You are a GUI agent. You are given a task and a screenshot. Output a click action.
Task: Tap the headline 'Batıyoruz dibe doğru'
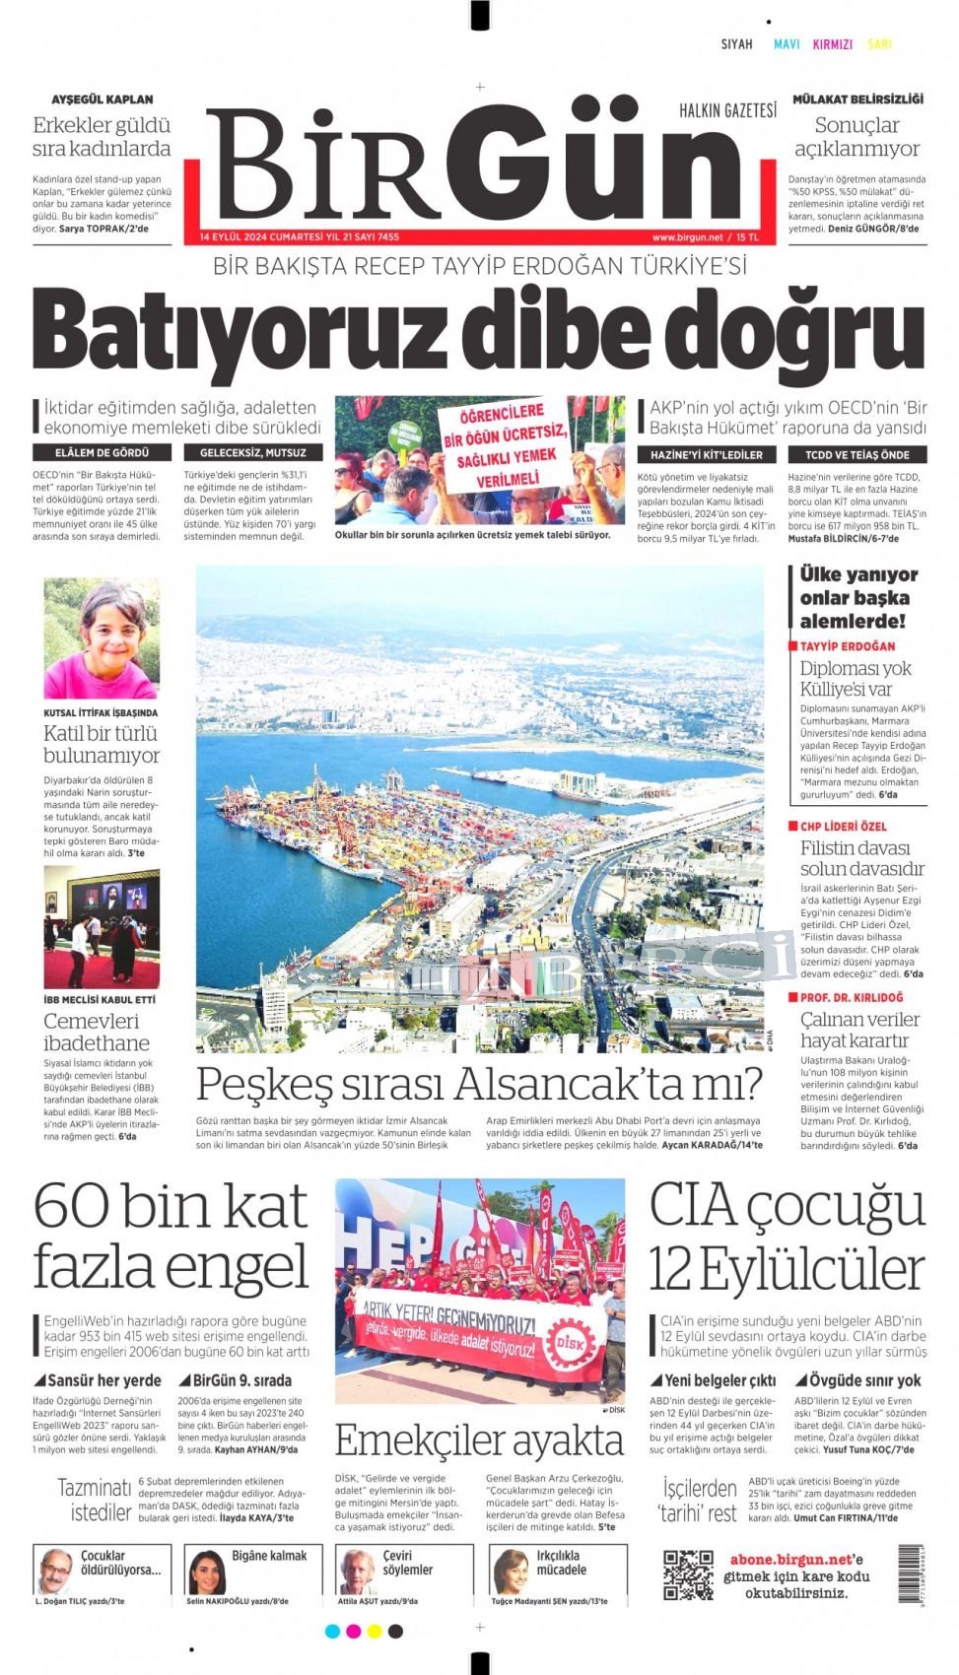point(480,328)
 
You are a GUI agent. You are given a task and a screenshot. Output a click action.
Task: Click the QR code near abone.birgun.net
point(687,1574)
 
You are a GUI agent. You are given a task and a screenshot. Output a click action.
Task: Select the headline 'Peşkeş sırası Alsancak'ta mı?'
point(479,1084)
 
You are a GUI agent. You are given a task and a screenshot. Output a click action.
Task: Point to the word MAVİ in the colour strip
point(787,44)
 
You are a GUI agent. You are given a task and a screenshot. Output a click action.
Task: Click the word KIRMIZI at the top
point(832,44)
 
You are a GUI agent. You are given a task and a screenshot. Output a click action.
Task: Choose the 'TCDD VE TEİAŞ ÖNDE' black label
point(856,454)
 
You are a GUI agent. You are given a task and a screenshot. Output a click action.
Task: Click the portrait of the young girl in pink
point(102,638)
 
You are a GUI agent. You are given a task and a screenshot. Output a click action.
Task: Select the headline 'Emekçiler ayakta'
point(479,1440)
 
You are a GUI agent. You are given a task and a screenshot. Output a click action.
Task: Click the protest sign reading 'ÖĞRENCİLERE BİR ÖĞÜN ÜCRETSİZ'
point(505,445)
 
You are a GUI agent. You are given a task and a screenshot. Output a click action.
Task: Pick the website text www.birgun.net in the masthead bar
point(686,237)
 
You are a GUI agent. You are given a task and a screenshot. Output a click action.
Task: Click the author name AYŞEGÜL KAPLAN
point(103,100)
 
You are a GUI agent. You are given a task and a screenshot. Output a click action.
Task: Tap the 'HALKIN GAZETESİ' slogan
point(727,110)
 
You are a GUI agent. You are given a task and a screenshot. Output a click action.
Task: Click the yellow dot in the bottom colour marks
point(374,1632)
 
